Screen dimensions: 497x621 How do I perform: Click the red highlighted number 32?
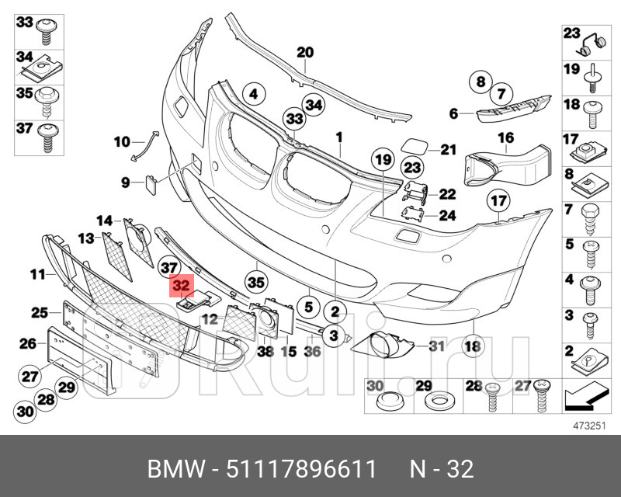tap(182, 286)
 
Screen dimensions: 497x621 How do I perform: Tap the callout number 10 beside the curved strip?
tap(122, 141)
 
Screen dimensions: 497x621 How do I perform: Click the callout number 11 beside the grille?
tap(37, 273)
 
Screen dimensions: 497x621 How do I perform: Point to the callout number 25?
tap(40, 312)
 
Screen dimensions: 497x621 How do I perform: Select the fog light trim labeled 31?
tap(383, 342)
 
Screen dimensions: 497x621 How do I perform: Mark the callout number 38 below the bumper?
tap(265, 351)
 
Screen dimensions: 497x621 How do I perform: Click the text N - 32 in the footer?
tap(441, 469)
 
